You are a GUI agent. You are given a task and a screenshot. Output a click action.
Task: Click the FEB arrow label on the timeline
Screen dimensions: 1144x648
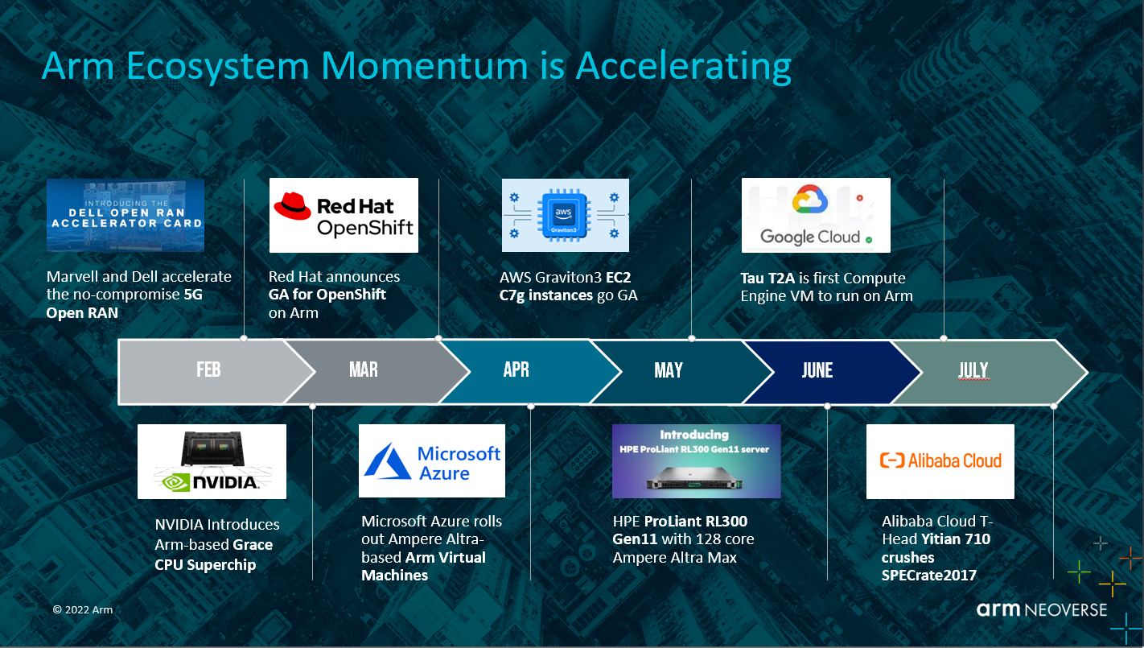(208, 369)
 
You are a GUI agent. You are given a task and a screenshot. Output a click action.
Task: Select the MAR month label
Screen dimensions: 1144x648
(364, 369)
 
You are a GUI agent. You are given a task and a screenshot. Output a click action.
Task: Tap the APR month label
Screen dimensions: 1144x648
(516, 369)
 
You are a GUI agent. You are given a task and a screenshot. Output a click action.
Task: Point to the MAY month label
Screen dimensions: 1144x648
(669, 370)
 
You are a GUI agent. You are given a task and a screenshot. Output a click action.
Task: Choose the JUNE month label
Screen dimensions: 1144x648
(817, 370)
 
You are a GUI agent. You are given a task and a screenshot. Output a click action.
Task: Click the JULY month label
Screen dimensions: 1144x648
(973, 370)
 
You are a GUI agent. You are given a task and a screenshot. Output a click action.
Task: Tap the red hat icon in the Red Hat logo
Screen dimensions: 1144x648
(292, 206)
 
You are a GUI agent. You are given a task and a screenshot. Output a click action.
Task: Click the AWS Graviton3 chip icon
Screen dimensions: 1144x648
(564, 215)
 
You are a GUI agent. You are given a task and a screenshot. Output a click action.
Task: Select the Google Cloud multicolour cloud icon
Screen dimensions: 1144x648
(810, 200)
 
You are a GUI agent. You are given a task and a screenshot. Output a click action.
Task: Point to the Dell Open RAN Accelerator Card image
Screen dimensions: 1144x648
(126, 215)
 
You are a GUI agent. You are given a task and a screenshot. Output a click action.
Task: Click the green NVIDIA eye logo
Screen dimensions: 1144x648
(175, 482)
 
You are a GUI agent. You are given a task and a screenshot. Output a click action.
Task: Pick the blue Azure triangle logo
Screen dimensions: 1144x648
(388, 461)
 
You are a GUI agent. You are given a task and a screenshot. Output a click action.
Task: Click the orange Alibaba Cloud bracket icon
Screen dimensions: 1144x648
(891, 460)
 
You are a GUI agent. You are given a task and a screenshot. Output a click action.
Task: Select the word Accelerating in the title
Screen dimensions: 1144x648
(684, 67)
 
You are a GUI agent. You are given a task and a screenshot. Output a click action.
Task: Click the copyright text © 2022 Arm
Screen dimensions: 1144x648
(83, 609)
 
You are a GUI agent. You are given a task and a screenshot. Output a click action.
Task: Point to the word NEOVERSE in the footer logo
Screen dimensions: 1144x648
(1066, 610)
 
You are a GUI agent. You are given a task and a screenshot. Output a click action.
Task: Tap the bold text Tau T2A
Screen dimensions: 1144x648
(767, 278)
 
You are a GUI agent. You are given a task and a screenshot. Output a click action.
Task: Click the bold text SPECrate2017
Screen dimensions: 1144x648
(929, 576)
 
